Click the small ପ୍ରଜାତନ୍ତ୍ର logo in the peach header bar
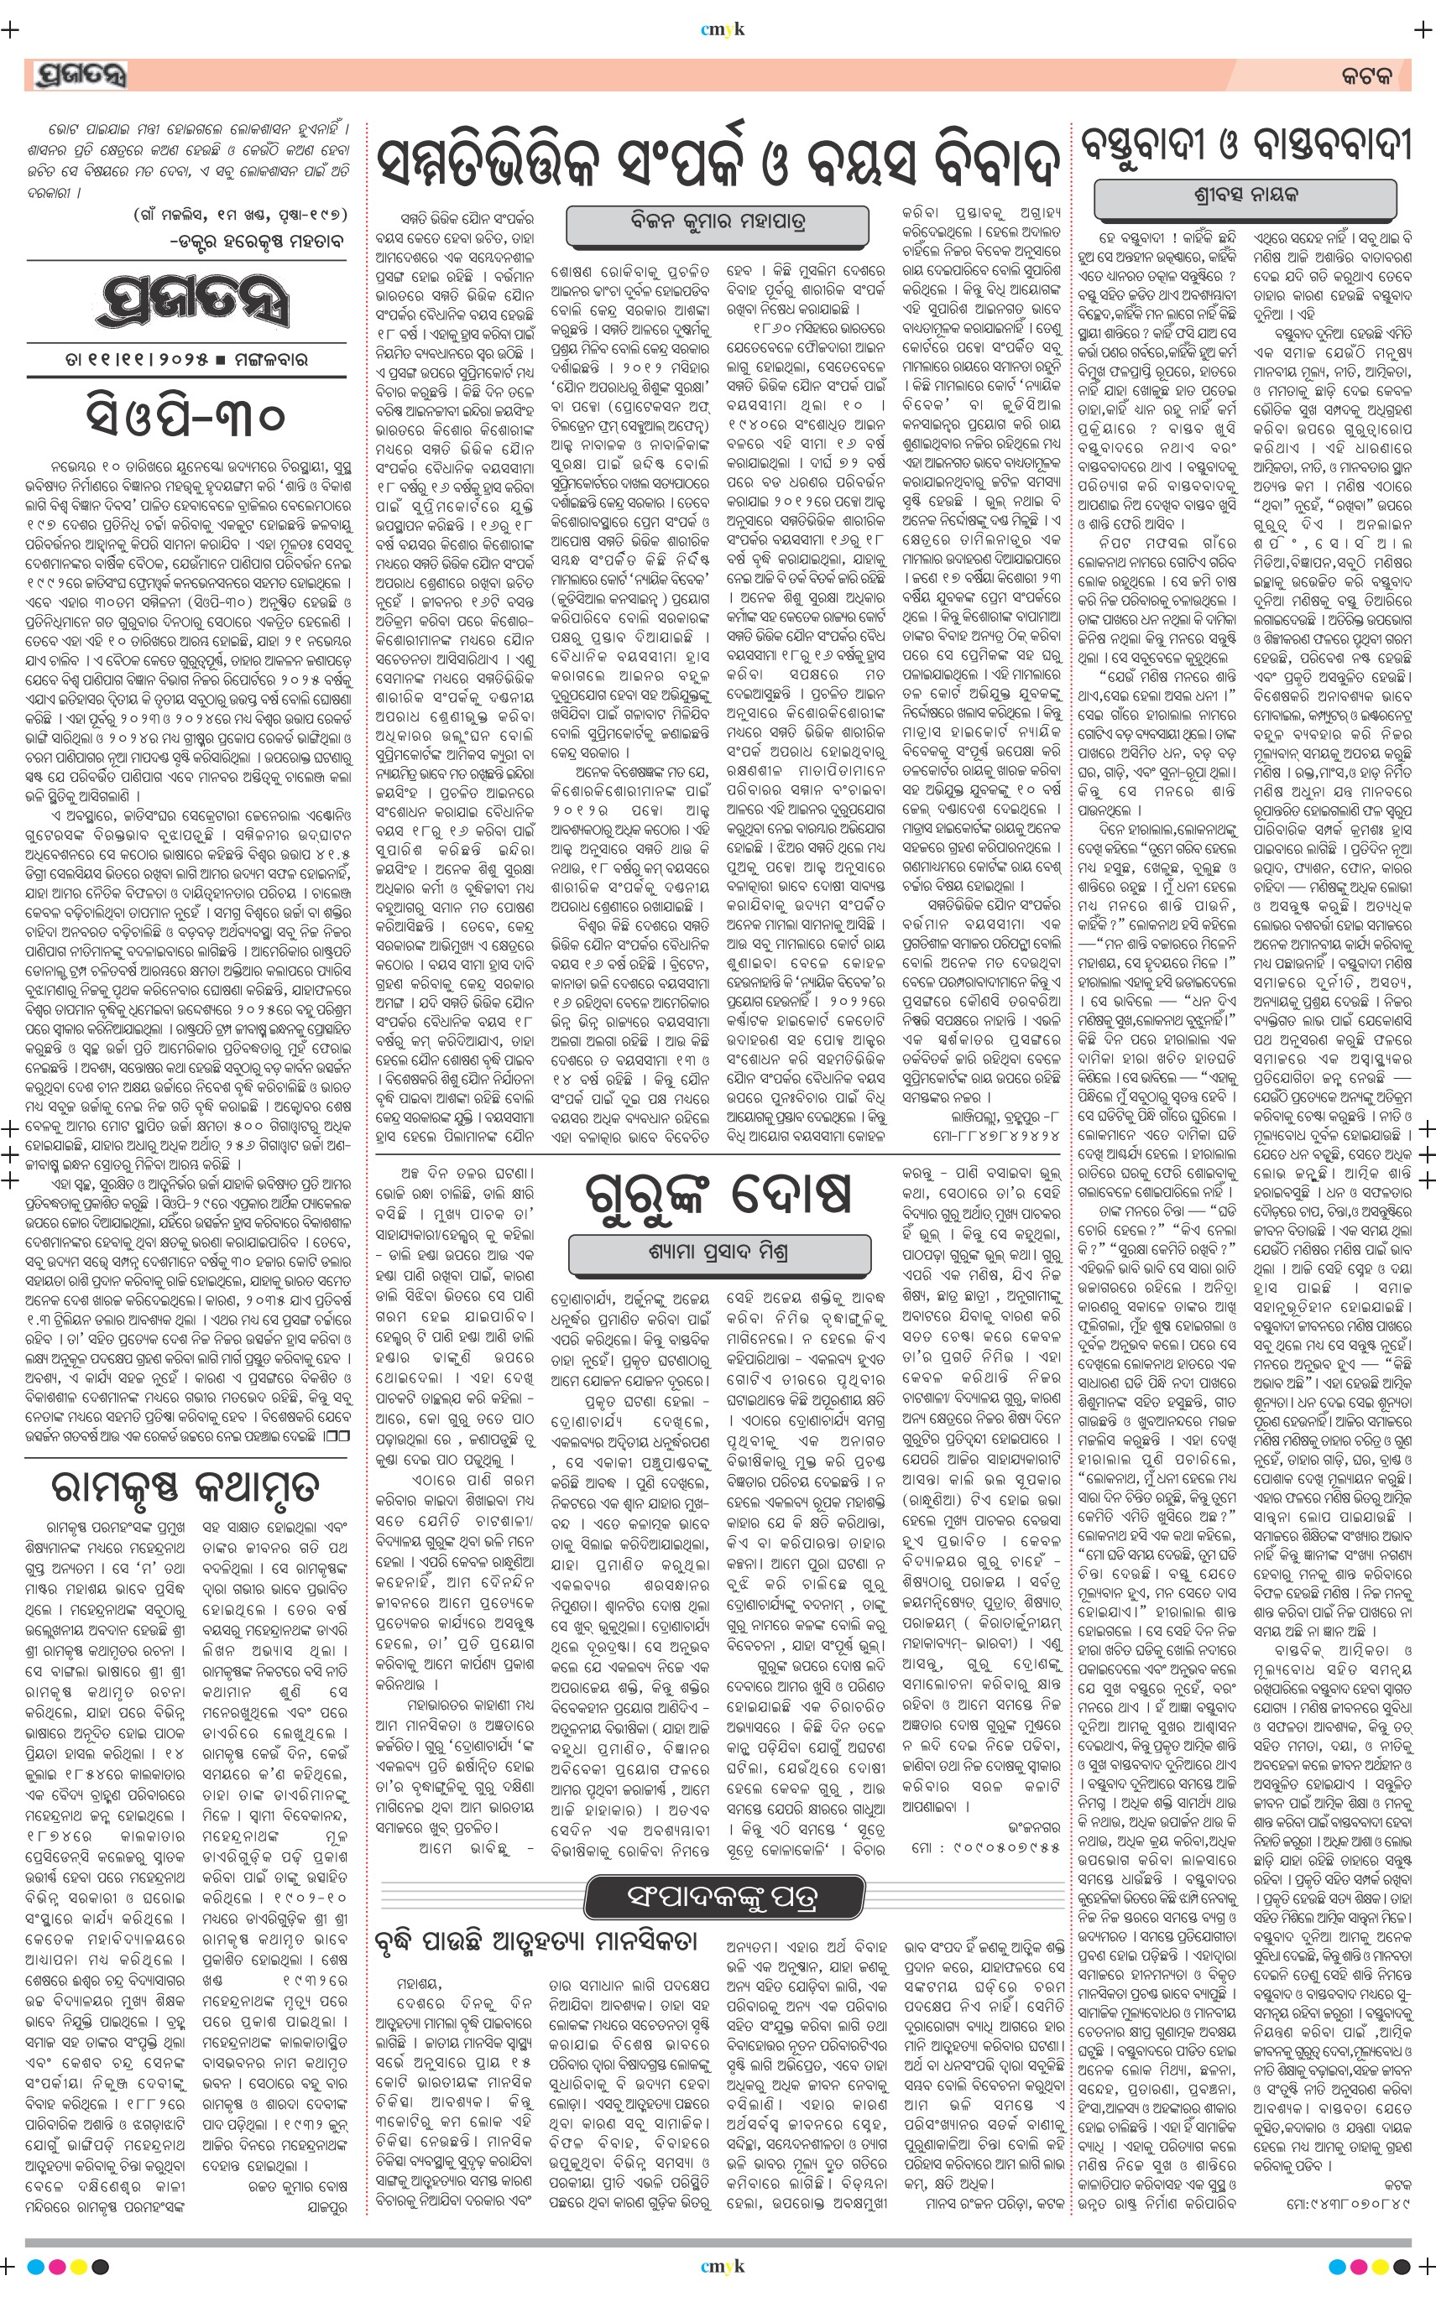[79, 75]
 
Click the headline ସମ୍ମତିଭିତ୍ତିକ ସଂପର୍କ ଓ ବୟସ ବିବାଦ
[717, 164]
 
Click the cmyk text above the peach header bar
[722, 29]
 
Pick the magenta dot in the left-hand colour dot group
[58, 2267]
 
